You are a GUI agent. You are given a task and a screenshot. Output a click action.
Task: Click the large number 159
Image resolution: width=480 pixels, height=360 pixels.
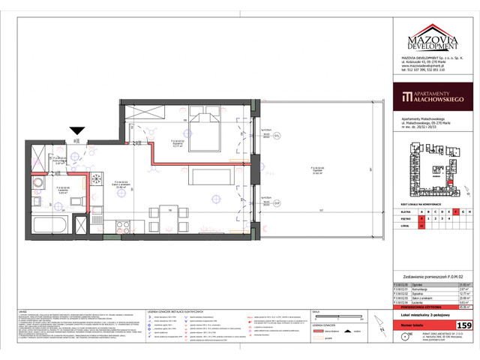coord(464,325)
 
